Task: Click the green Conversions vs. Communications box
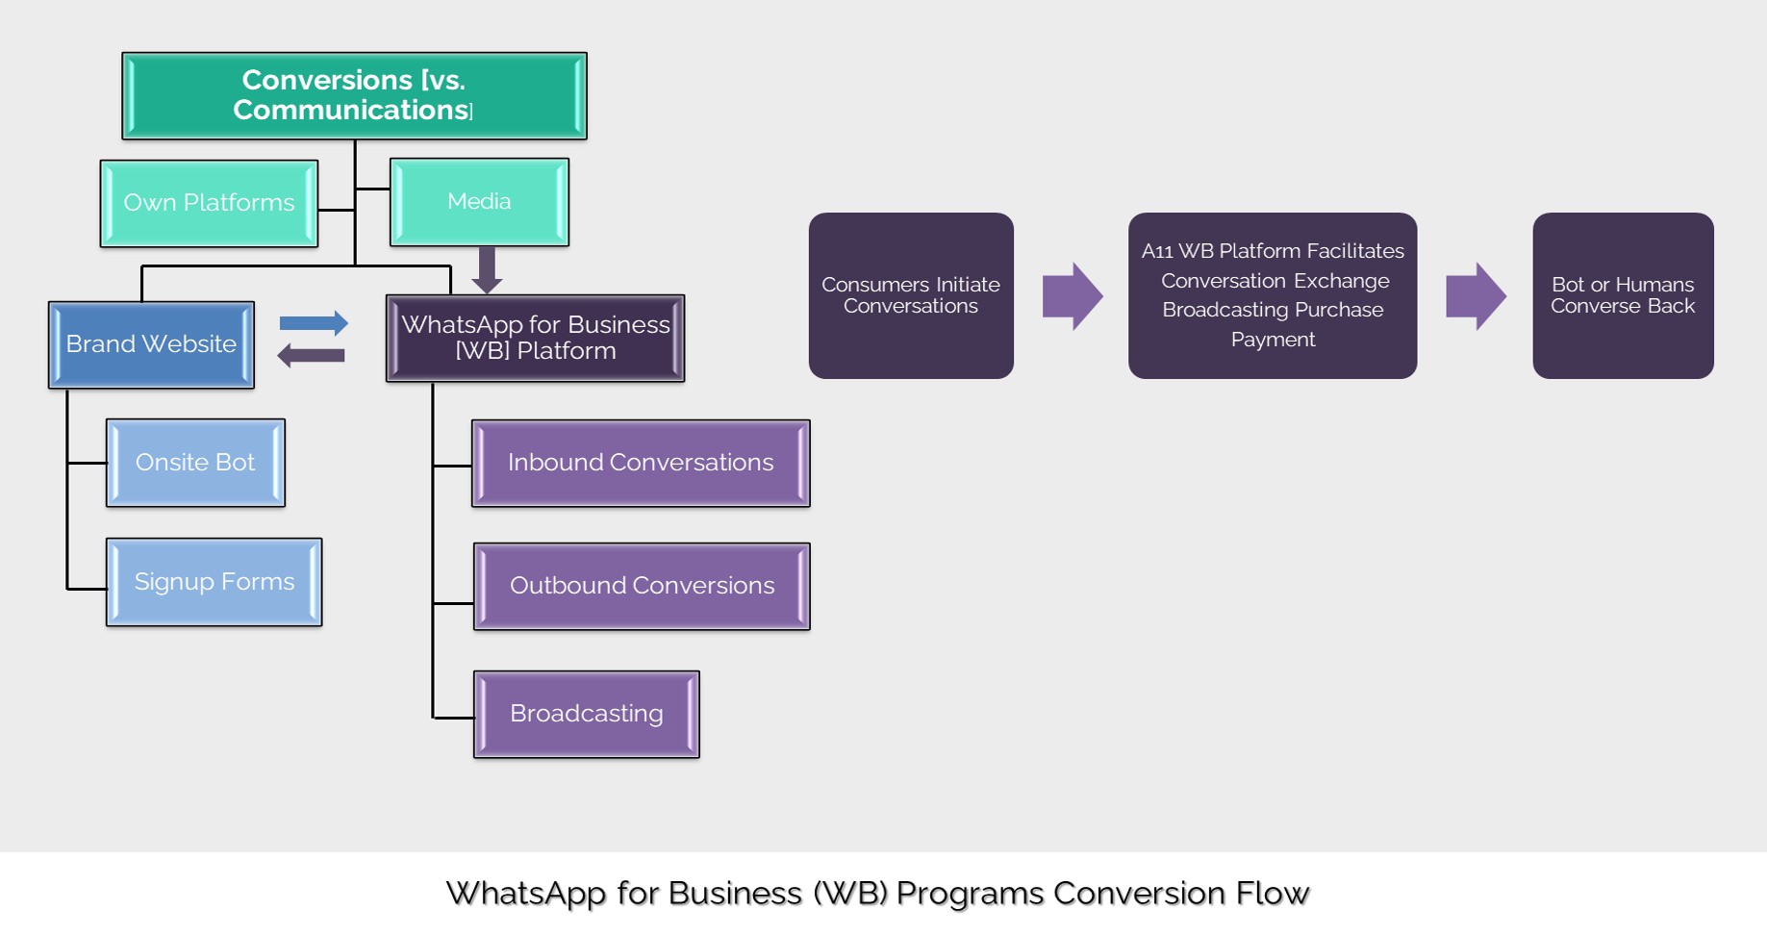pyautogui.click(x=354, y=95)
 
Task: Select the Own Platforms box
pyautogui.click(x=209, y=203)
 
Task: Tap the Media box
pyautogui.click(x=479, y=202)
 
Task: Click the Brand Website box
pyautogui.click(x=151, y=344)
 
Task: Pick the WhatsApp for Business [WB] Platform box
pyautogui.click(x=535, y=338)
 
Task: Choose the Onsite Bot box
pyautogui.click(x=195, y=463)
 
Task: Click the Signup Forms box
pyautogui.click(x=214, y=582)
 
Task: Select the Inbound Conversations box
pyautogui.click(x=641, y=463)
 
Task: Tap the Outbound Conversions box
pyautogui.click(x=642, y=586)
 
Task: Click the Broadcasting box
pyautogui.click(x=586, y=714)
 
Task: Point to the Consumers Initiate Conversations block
pyautogui.click(x=910, y=295)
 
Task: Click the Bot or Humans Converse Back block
pyautogui.click(x=1622, y=295)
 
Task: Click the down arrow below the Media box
pyautogui.click(x=487, y=270)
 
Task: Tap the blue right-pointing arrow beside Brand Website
pyautogui.click(x=314, y=323)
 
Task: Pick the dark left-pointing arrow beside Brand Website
pyautogui.click(x=311, y=356)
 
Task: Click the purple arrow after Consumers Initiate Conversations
pyautogui.click(x=1072, y=296)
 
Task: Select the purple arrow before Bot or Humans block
pyautogui.click(x=1475, y=296)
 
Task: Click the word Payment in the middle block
pyautogui.click(x=1272, y=340)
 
